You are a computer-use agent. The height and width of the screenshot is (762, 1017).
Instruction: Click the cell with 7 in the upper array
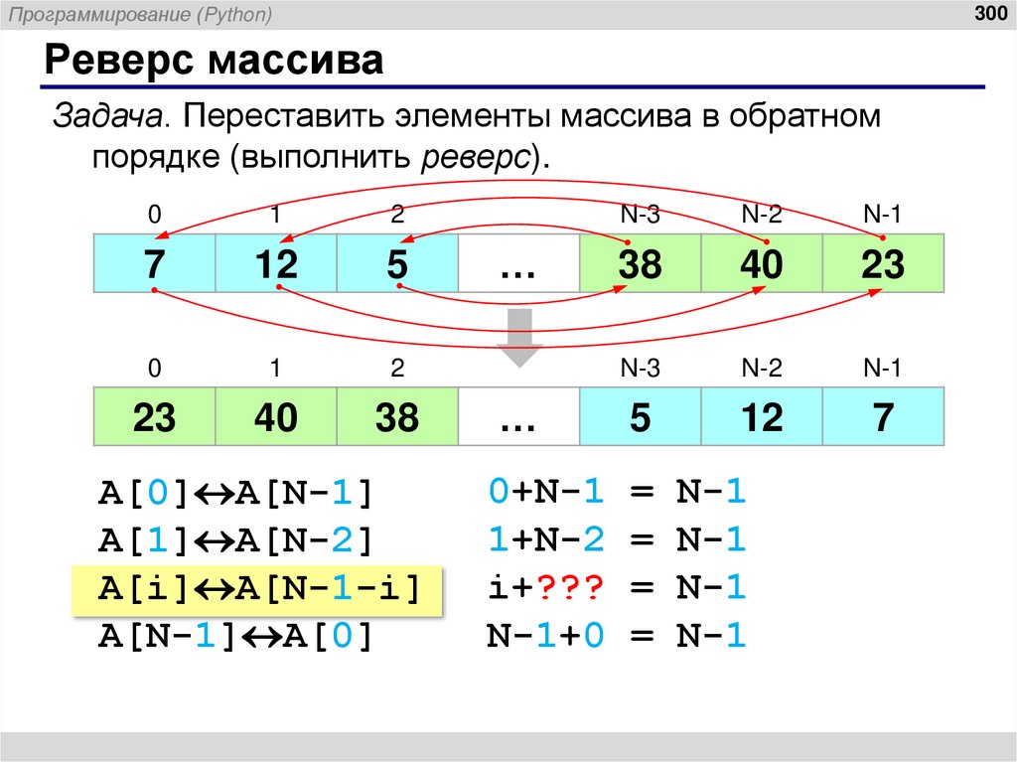pyautogui.click(x=154, y=264)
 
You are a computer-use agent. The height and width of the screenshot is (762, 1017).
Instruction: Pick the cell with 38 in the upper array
pyautogui.click(x=640, y=264)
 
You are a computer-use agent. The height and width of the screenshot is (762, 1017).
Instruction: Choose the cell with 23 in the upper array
pyautogui.click(x=883, y=264)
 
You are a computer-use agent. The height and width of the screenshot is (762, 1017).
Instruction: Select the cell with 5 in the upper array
pyautogui.click(x=397, y=264)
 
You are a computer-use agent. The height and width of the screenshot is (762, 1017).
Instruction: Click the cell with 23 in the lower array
pyautogui.click(x=154, y=417)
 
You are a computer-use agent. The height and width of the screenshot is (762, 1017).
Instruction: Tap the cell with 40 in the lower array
pyautogui.click(x=276, y=417)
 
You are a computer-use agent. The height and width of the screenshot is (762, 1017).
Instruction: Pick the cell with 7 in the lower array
pyautogui.click(x=883, y=417)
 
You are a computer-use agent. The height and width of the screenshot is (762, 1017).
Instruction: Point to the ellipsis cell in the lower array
pyautogui.click(x=517, y=417)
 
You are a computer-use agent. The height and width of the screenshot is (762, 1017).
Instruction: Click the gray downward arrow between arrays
pyautogui.click(x=519, y=338)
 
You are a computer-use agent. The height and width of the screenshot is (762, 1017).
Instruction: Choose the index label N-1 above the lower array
pyautogui.click(x=882, y=369)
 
